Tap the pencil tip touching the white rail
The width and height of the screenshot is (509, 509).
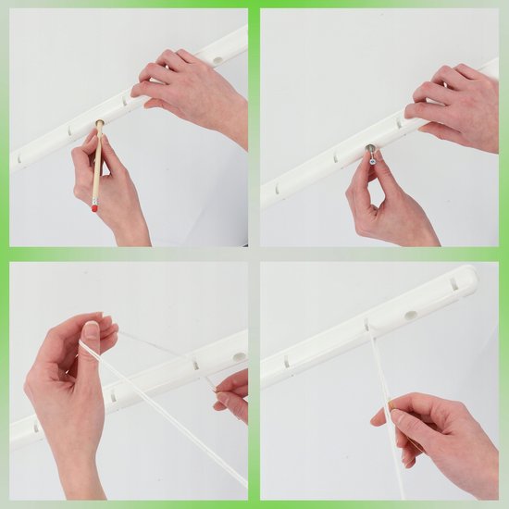click(x=100, y=122)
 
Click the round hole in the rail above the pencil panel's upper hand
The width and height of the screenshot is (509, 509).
click(x=217, y=61)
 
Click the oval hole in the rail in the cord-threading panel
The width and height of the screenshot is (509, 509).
click(x=240, y=356)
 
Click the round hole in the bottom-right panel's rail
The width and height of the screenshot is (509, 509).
click(x=410, y=316)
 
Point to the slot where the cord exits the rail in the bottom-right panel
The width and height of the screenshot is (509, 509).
click(x=366, y=326)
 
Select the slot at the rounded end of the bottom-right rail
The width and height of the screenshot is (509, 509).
click(x=453, y=284)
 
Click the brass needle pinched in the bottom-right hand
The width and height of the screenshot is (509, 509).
click(x=392, y=404)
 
